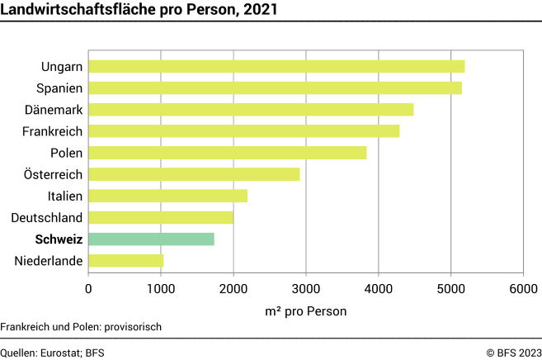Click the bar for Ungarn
click(276, 66)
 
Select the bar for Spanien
click(275, 88)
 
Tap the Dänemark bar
click(251, 109)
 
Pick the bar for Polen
click(227, 153)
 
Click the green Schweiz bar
click(151, 239)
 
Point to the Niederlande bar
click(125, 261)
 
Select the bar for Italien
click(167, 196)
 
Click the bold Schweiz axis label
click(59, 239)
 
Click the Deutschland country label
click(47, 218)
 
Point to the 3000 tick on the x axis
click(305, 288)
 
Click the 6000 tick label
click(522, 288)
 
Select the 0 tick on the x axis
click(88, 288)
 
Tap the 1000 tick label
click(161, 288)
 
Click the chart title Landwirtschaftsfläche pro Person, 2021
click(139, 10)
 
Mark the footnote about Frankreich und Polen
click(81, 326)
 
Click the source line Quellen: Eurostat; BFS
click(53, 351)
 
